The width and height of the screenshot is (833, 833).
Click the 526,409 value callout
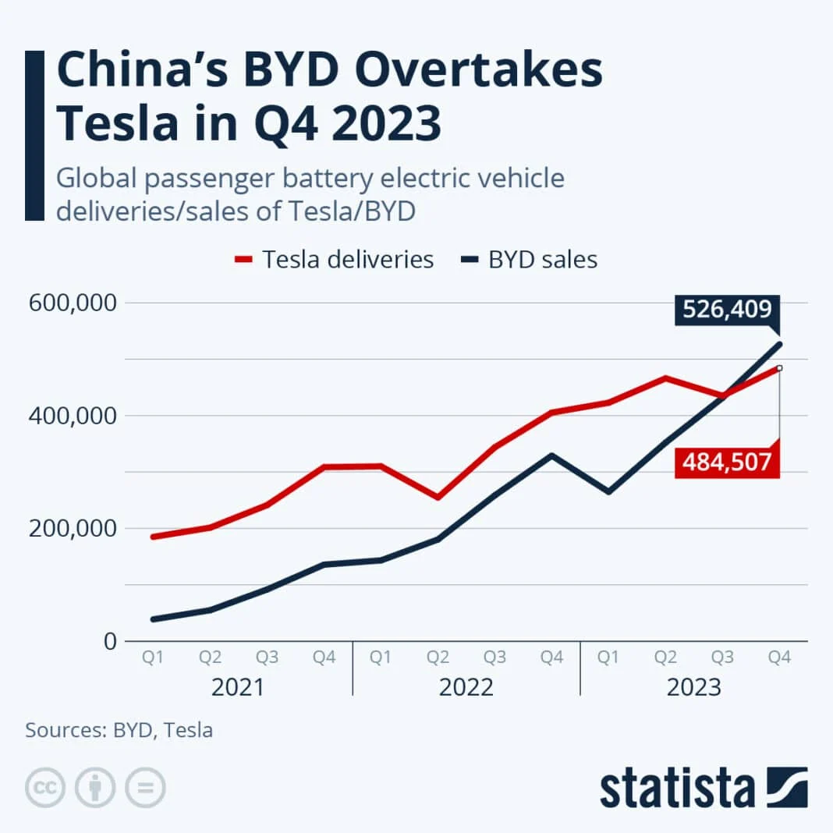[x=727, y=310]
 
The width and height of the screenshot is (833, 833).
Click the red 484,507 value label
[x=727, y=463]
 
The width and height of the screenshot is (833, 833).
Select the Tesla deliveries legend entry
[x=335, y=259]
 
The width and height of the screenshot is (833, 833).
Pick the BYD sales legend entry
[x=530, y=259]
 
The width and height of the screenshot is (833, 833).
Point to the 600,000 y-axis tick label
[x=72, y=303]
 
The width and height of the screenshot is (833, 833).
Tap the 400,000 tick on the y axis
[x=72, y=416]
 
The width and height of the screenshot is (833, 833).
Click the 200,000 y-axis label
[x=72, y=529]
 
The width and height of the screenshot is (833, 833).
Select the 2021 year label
[x=238, y=688]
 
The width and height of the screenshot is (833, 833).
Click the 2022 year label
[x=466, y=688]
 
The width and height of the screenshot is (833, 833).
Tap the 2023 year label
[x=693, y=688]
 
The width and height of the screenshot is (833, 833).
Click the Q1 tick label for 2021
[x=153, y=658]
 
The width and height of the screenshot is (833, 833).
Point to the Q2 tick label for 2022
[x=438, y=658]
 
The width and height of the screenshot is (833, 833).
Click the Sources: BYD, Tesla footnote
[x=119, y=730]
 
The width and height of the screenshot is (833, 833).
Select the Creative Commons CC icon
[x=44, y=788]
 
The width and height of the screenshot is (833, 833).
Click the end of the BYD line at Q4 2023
[x=779, y=344]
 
